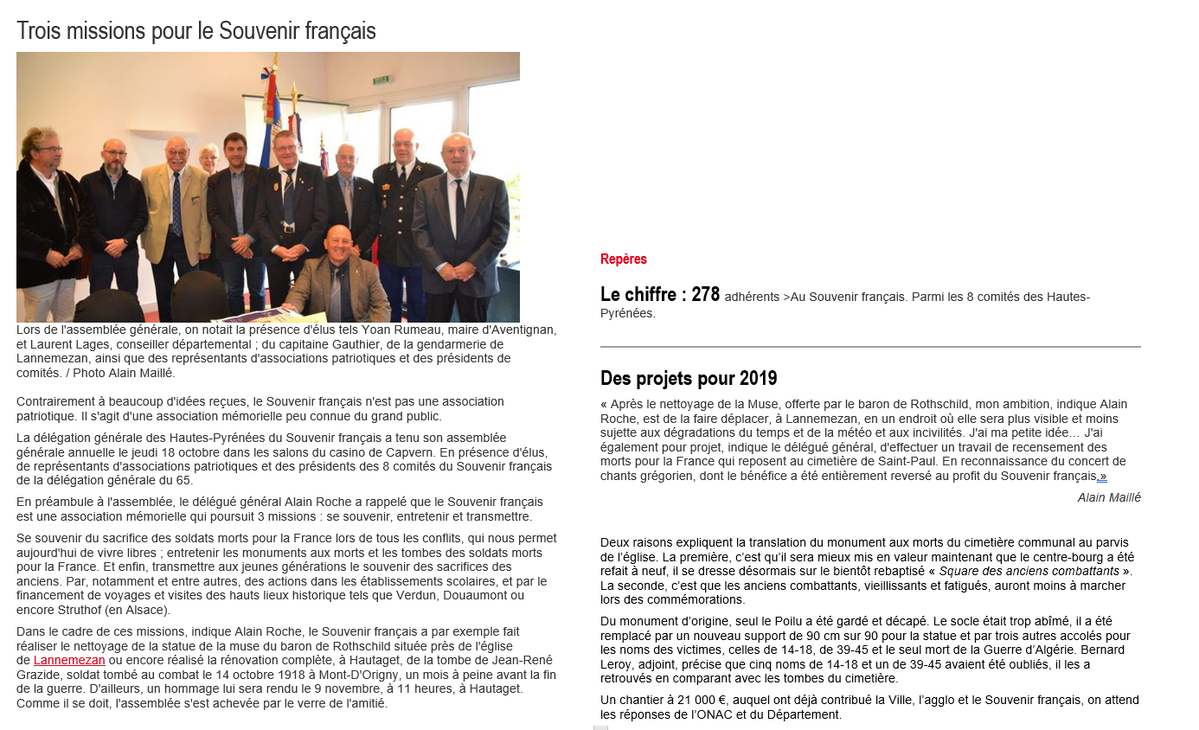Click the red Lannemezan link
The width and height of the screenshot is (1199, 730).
69,660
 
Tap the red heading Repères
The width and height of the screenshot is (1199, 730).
623,259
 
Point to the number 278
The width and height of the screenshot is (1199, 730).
705,295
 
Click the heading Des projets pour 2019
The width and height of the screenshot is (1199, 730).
689,378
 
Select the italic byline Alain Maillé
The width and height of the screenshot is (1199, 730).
1109,497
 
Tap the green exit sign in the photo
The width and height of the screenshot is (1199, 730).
382,80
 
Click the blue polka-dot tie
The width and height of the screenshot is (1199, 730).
176,204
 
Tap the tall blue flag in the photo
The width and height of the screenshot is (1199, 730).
270,112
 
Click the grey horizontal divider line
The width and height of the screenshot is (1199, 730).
870,347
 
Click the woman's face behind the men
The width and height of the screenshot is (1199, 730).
208,157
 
